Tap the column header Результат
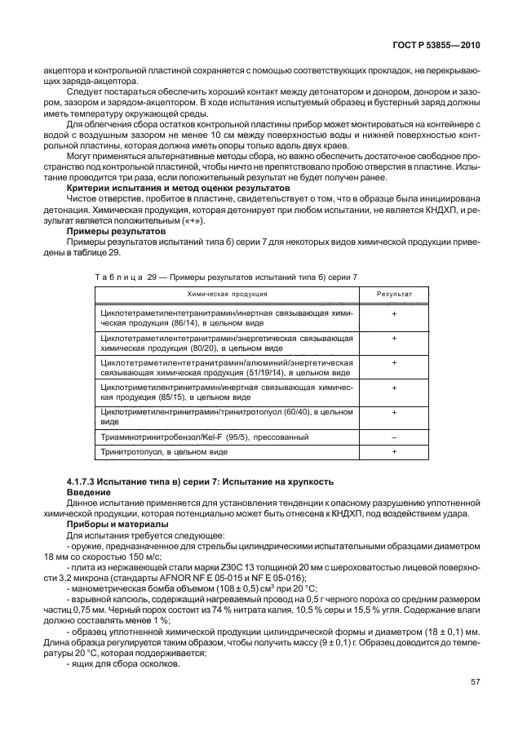394,294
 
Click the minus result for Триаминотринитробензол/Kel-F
394,437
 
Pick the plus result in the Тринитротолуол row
394,450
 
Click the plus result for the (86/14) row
394,313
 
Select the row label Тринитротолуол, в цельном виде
152,450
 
